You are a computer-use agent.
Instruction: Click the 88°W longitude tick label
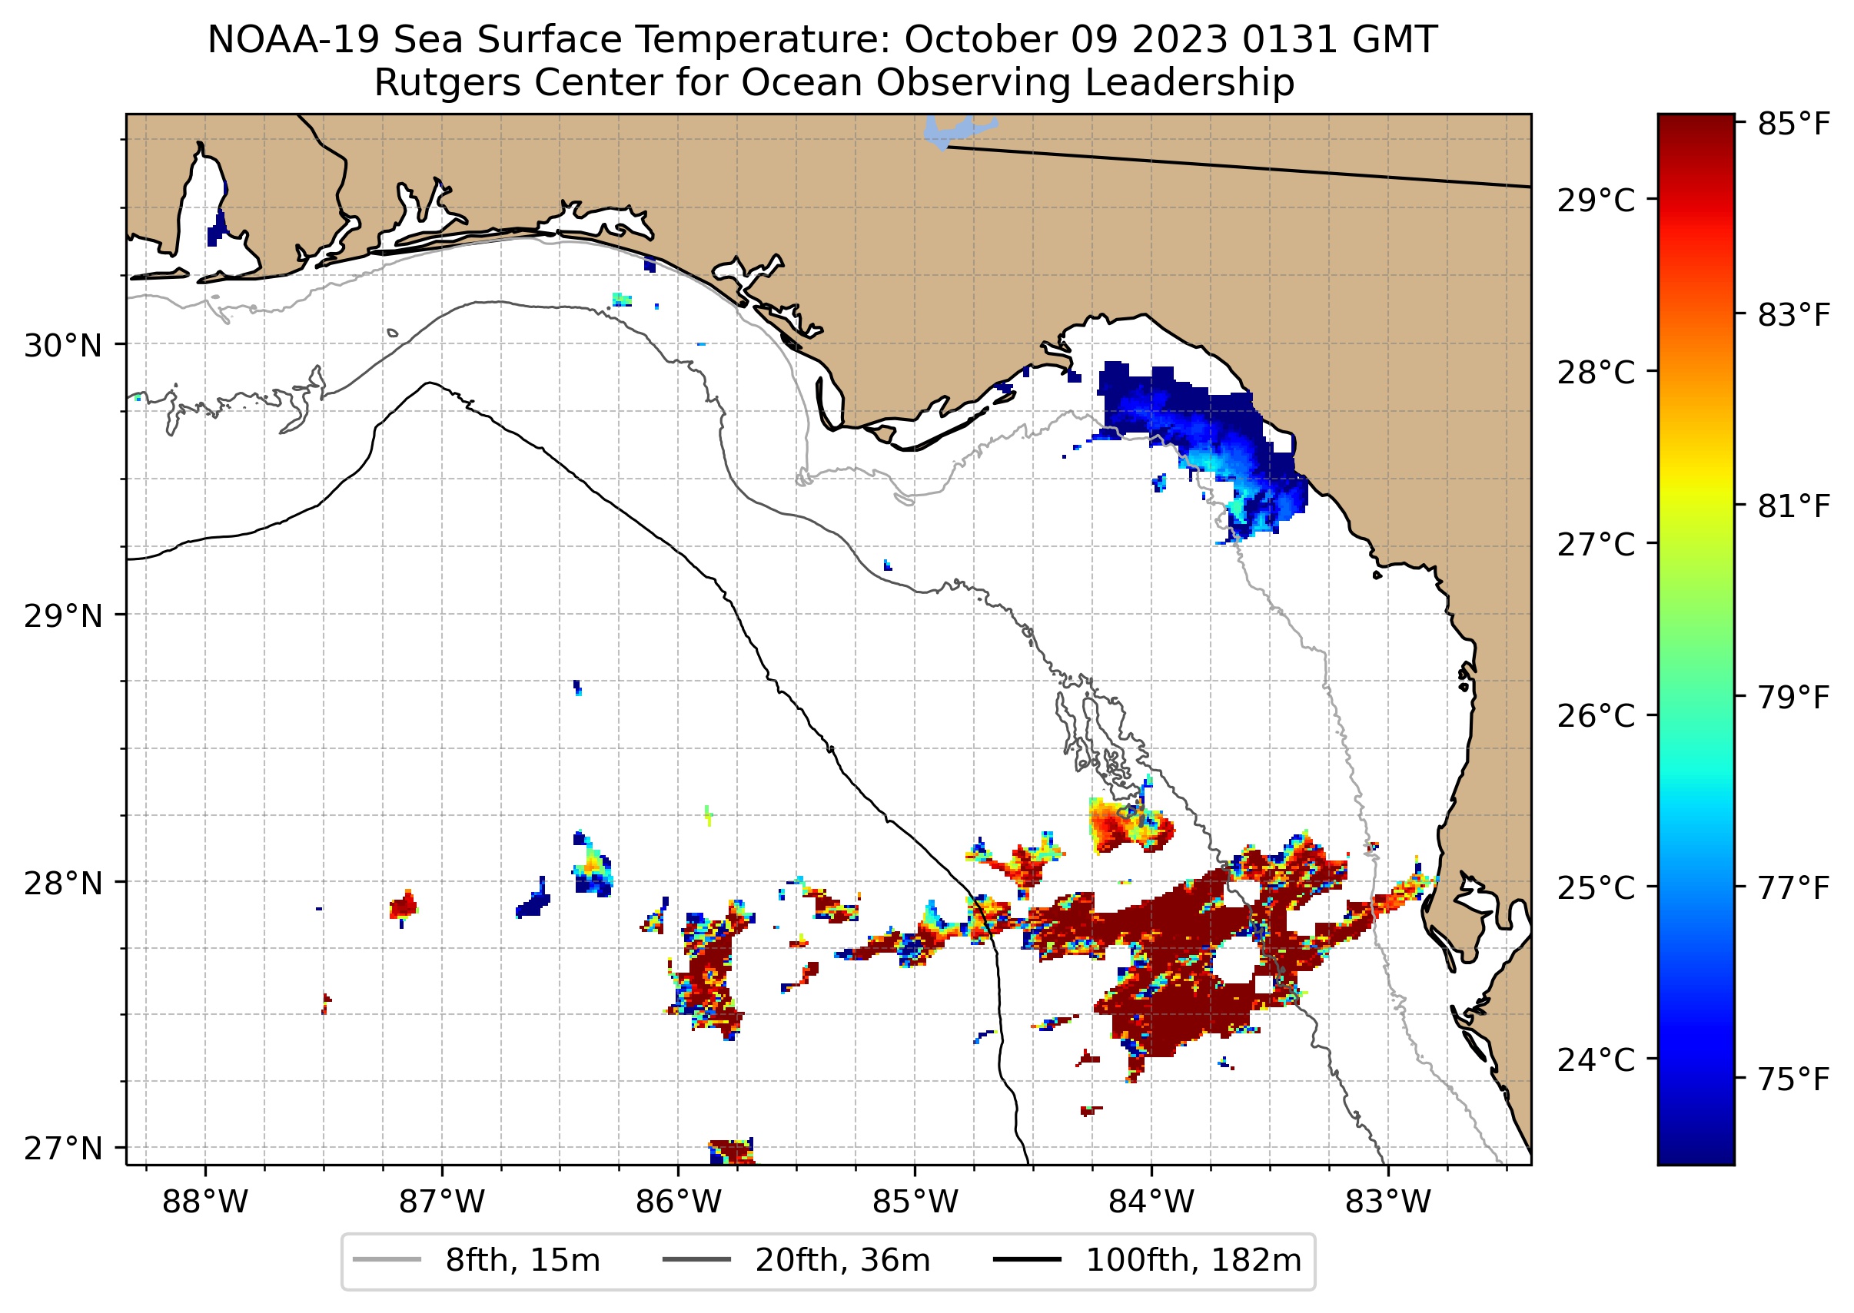(x=204, y=1202)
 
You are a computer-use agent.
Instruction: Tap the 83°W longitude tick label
(x=1388, y=1202)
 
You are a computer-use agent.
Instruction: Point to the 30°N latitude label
(x=63, y=346)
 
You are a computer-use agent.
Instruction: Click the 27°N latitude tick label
(x=63, y=1148)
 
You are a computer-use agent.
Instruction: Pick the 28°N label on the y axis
(x=63, y=884)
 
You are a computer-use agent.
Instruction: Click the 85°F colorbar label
(x=1793, y=124)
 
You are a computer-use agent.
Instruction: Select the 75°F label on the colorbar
(x=1793, y=1079)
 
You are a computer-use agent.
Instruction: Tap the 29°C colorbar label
(x=1596, y=201)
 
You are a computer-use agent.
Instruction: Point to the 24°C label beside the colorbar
(x=1596, y=1059)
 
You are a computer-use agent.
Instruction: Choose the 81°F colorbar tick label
(x=1793, y=507)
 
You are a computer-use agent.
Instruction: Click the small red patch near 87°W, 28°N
(x=403, y=906)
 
